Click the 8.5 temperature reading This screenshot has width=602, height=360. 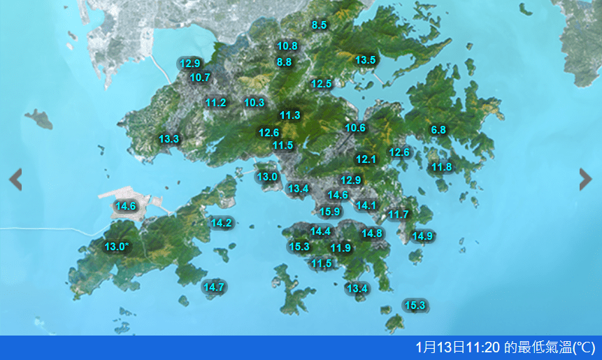pyautogui.click(x=319, y=25)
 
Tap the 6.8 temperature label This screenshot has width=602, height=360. pyautogui.click(x=438, y=130)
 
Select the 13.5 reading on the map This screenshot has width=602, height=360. pyautogui.click(x=366, y=60)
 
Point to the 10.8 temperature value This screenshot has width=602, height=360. pyautogui.click(x=287, y=46)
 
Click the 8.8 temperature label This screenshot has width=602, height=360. pyautogui.click(x=284, y=62)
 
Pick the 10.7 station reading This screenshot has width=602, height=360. pyautogui.click(x=200, y=78)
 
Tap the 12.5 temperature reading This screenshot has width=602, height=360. pyautogui.click(x=321, y=84)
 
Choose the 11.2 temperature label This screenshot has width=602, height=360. pyautogui.click(x=216, y=103)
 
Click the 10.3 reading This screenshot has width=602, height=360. pyautogui.click(x=254, y=103)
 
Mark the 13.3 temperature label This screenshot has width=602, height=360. pyautogui.click(x=169, y=139)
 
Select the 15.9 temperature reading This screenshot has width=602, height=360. pyautogui.click(x=330, y=212)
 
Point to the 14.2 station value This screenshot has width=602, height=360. pyautogui.click(x=221, y=223)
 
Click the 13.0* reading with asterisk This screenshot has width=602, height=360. pyautogui.click(x=117, y=246)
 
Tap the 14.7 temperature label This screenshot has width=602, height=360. pyautogui.click(x=213, y=287)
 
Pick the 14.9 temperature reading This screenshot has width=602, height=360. pyautogui.click(x=422, y=236)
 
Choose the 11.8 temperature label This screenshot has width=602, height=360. pyautogui.click(x=441, y=167)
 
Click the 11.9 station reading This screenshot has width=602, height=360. pyautogui.click(x=341, y=248)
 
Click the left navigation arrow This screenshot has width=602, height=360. pyautogui.click(x=15, y=180)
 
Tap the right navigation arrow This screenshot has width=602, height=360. pyautogui.click(x=586, y=180)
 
